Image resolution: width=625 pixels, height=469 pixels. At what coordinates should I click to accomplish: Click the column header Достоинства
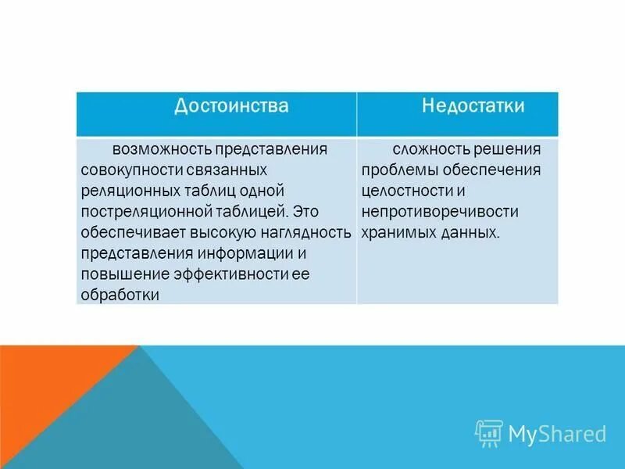pos(230,106)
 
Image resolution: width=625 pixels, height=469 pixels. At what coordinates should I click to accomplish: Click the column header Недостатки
pos(473,106)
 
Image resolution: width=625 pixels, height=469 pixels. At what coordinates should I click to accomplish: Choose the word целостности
pos(407,191)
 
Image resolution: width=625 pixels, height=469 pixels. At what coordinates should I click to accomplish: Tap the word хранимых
pos(395,232)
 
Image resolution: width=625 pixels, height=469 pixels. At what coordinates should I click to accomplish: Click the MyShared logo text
pos(557,433)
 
